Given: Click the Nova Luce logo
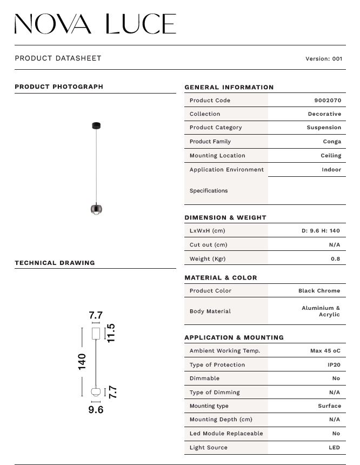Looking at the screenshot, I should pyautogui.click(x=95, y=24).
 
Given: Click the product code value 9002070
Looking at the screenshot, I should pyautogui.click(x=328, y=101).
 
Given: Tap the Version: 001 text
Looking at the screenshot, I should pyautogui.click(x=324, y=59).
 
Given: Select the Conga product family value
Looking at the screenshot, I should pyautogui.click(x=332, y=142).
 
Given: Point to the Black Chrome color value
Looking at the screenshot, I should pyautogui.click(x=319, y=291).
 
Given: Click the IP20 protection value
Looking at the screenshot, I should pyautogui.click(x=334, y=365).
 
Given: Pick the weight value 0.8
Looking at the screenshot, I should pyautogui.click(x=335, y=258).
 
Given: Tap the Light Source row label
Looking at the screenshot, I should pyautogui.click(x=208, y=448).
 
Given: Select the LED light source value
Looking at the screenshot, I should pyautogui.click(x=334, y=448).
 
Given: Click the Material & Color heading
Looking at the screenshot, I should pyautogui.click(x=221, y=278).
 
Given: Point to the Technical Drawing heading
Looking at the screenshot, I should pyautogui.click(x=55, y=263).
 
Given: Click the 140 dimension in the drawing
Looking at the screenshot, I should pyautogui.click(x=82, y=361).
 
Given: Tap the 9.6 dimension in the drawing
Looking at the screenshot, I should pyautogui.click(x=96, y=410).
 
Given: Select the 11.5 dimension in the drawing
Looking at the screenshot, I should pyautogui.click(x=111, y=333).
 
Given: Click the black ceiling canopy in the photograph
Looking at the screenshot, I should pyautogui.click(x=96, y=126).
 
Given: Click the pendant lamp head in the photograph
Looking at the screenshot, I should pyautogui.click(x=96, y=209).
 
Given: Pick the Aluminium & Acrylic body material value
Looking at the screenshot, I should pyautogui.click(x=321, y=311).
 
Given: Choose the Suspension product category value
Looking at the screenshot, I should pyautogui.click(x=324, y=128).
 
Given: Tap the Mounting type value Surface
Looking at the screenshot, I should pyautogui.click(x=329, y=406).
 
